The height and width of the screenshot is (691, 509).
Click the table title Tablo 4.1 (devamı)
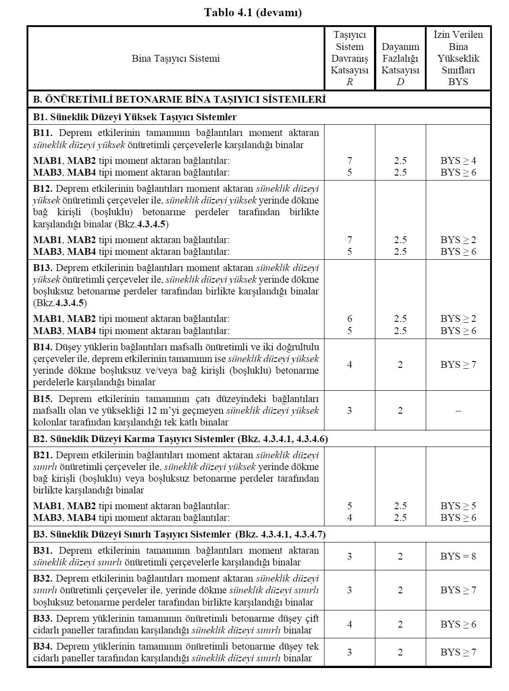[253, 12]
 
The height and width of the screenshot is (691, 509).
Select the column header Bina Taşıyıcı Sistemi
[176, 59]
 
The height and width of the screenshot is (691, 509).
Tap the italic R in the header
[350, 82]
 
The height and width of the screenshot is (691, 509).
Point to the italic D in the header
[400, 82]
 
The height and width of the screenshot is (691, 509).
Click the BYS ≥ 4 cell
[458, 161]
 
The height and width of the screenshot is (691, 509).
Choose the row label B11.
[42, 133]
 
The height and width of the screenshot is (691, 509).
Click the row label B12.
[42, 189]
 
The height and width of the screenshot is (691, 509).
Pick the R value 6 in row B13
[350, 319]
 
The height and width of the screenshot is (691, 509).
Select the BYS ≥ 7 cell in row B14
[458, 365]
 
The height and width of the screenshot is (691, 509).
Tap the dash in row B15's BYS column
[458, 411]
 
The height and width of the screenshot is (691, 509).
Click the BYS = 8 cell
[458, 556]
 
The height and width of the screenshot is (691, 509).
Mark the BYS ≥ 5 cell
[458, 506]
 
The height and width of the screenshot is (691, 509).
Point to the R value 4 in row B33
[350, 624]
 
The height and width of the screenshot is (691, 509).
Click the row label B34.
[43, 646]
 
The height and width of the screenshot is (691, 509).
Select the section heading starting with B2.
[180, 439]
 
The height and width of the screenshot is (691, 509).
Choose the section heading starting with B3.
[179, 534]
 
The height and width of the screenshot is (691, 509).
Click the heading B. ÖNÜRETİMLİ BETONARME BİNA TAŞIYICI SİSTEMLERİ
[179, 99]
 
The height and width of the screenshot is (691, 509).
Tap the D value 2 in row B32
[400, 590]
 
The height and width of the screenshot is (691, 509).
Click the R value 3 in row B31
[350, 556]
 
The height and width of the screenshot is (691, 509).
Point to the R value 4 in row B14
[350, 365]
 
